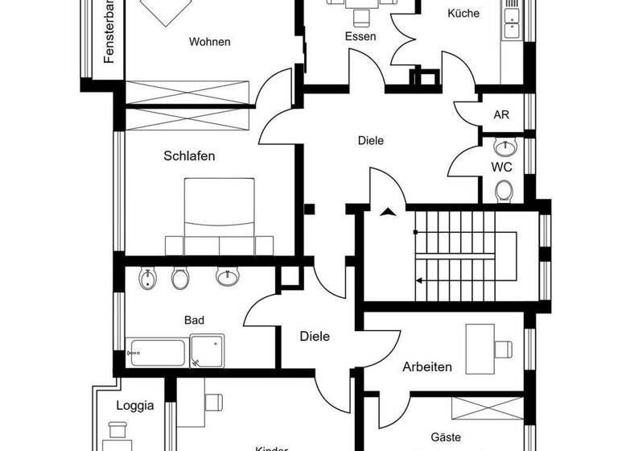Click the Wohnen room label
209,42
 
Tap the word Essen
360,36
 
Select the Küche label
463,14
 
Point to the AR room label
501,115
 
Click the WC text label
502,168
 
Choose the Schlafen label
189,156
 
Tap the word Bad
194,320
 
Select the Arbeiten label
426,367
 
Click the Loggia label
134,406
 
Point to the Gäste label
445,437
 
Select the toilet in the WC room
505,191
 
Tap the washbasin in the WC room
505,148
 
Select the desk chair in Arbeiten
504,349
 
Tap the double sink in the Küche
511,20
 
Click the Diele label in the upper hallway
370,140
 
